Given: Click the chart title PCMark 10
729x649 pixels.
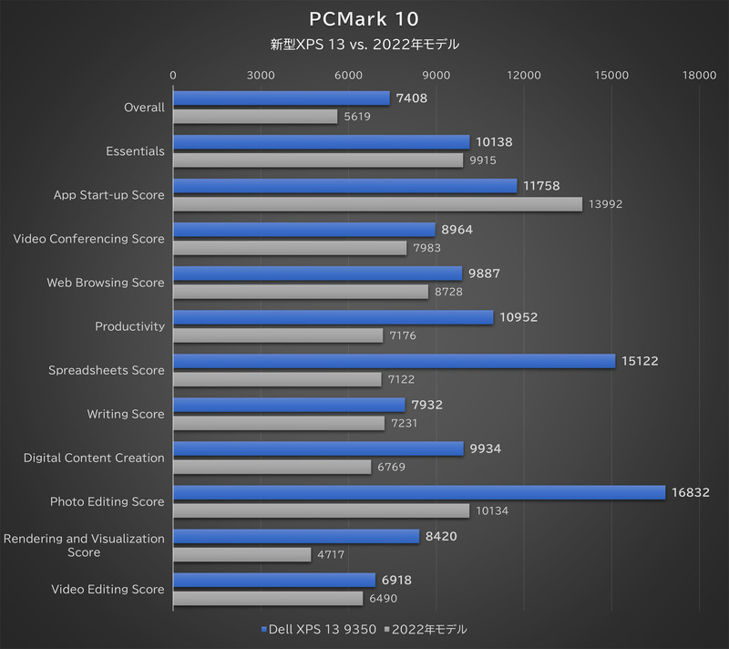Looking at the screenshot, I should [364, 18].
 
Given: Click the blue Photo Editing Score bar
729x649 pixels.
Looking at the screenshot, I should [419, 492].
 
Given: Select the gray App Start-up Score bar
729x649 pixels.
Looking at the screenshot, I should [377, 204].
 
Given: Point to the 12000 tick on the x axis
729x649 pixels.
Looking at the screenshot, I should [524, 76].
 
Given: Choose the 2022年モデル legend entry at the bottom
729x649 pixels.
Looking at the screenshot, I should [426, 629].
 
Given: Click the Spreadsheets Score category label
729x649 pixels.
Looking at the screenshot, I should [107, 370].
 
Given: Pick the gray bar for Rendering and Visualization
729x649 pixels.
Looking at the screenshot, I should [241, 554].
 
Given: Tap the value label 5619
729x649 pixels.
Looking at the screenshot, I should [357, 117].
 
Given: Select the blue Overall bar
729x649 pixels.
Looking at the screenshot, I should [282, 98].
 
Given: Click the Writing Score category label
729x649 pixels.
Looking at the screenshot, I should [126, 414].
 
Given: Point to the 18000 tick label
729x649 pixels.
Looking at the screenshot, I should [699, 76].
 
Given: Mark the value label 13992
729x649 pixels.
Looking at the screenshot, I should [605, 204].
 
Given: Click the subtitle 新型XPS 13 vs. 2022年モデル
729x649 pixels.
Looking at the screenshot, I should [364, 44].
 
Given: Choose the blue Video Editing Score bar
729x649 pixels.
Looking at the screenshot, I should [274, 580].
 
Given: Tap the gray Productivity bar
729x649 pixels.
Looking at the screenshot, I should [278, 335].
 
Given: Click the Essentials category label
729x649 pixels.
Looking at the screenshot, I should [135, 151].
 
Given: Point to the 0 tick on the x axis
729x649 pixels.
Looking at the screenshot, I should [173, 76].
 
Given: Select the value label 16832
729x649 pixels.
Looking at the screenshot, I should [691, 492].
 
